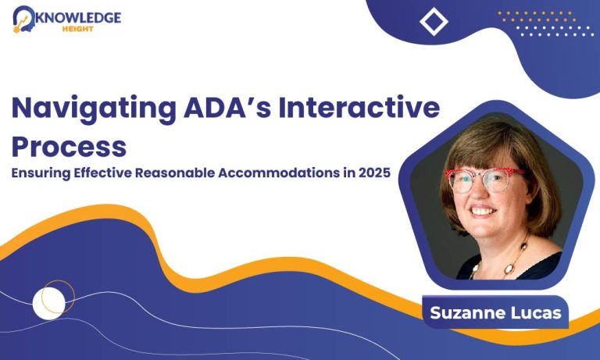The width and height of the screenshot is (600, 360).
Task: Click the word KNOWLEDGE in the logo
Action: (78, 18)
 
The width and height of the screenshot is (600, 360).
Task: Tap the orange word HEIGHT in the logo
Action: (77, 29)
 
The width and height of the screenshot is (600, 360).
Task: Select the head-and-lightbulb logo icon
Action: (23, 19)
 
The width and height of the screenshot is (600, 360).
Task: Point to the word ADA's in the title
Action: (227, 108)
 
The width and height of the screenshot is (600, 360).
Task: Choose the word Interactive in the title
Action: (359, 108)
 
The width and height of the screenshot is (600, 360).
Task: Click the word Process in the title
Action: (70, 147)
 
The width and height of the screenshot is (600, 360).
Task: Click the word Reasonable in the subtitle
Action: (174, 173)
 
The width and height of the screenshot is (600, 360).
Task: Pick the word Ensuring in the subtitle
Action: (41, 173)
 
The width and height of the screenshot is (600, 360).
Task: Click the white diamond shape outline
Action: (434, 22)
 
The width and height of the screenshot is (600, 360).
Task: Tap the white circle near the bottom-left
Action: (48, 303)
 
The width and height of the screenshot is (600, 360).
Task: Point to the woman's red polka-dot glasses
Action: (484, 180)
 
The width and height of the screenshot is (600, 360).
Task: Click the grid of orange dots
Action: (537, 16)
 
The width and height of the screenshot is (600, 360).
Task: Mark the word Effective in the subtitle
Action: (102, 173)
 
